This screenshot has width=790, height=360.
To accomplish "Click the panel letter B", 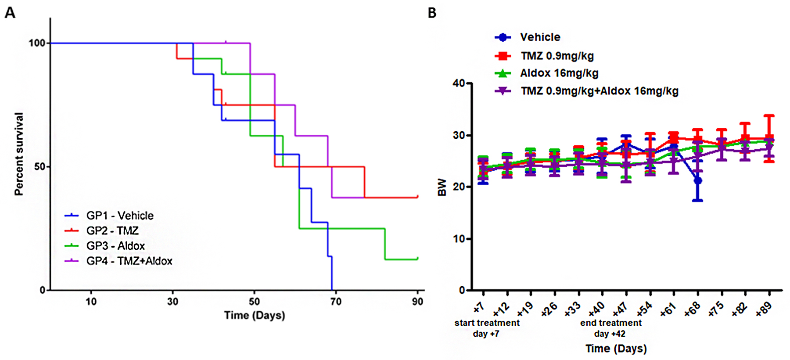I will pos(432,13).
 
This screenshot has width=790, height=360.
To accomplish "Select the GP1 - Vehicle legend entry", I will pos(119,216).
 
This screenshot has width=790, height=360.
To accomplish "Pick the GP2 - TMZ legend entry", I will pos(112,230).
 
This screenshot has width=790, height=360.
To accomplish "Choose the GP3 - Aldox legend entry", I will pos(115,246).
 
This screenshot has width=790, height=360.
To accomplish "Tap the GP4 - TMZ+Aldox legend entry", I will pos(129,261).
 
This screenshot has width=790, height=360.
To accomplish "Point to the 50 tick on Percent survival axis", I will pos(39,167).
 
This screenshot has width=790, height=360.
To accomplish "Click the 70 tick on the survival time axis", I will pos(336,302).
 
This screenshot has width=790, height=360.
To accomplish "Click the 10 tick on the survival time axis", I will pos(91,302).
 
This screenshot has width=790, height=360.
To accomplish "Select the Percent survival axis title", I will pos(19,154).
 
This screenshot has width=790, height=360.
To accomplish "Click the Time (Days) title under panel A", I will pos(255,315).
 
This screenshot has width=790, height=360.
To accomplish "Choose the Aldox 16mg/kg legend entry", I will pos(559,73).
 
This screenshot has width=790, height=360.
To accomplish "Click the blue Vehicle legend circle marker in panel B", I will pos(503,37).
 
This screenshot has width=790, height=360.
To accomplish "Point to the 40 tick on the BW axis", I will pos(459,83).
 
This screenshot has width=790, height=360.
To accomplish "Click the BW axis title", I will pos(442,187).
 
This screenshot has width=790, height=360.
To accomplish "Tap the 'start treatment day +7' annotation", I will pos(487,328).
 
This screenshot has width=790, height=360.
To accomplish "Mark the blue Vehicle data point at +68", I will pos(697,180).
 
